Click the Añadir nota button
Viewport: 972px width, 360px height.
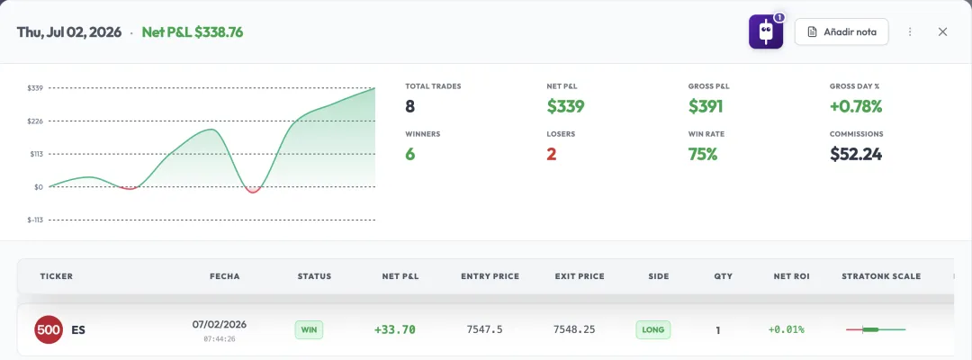point(841,31)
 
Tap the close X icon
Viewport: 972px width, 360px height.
point(942,31)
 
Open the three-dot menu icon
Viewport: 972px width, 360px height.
point(910,31)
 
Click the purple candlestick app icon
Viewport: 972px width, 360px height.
point(766,31)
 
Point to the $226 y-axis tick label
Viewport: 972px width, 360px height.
point(35,121)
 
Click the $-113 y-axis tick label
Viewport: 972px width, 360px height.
point(35,220)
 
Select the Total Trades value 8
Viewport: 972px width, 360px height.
point(409,106)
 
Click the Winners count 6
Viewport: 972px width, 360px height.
point(409,154)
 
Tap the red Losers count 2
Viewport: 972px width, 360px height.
point(551,154)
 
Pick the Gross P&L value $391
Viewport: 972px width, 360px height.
point(706,106)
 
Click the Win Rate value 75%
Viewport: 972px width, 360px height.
point(703,154)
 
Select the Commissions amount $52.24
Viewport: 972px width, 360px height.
point(856,154)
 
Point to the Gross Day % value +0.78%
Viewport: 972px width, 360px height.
point(856,106)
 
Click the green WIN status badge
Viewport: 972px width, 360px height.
point(309,329)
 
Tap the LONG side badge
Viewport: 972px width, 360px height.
point(653,329)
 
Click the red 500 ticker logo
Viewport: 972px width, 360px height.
point(49,329)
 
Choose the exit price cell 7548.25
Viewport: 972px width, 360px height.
point(574,329)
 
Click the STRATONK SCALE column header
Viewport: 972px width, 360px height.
point(881,276)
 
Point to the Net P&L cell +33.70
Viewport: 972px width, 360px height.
point(395,329)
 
